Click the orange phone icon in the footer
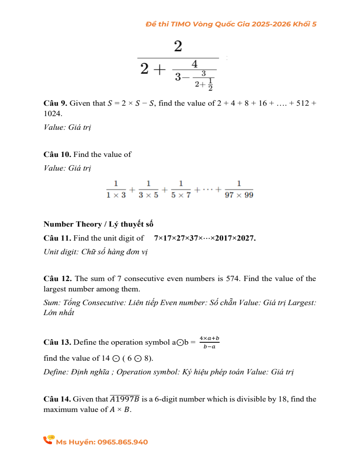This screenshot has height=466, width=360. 49,440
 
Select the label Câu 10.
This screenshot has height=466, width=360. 57,155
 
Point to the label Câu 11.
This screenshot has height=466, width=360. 57,238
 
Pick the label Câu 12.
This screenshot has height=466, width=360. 57,279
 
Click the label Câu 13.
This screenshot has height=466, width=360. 57,342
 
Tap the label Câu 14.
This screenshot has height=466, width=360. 57,399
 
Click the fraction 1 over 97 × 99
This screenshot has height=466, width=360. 239,189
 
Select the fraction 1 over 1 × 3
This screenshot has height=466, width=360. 116,189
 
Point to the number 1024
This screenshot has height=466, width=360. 53,114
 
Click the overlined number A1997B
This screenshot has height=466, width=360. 125,399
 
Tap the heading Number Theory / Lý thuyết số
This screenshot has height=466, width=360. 98,224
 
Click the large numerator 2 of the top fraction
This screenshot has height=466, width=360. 178,46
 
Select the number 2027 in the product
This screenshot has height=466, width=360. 246,238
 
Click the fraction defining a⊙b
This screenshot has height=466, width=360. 210,342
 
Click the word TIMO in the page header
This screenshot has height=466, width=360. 181,24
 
